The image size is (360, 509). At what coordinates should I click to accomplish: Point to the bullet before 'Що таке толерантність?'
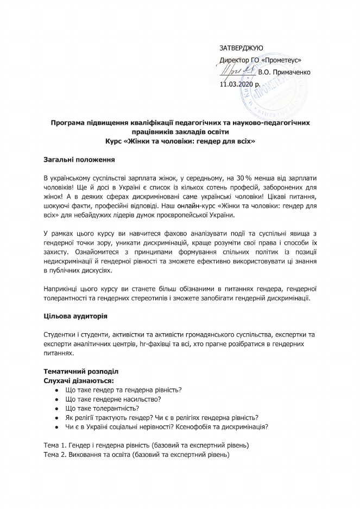pos(56,408)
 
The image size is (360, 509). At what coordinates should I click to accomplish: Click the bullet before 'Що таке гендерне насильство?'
pos(56,399)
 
